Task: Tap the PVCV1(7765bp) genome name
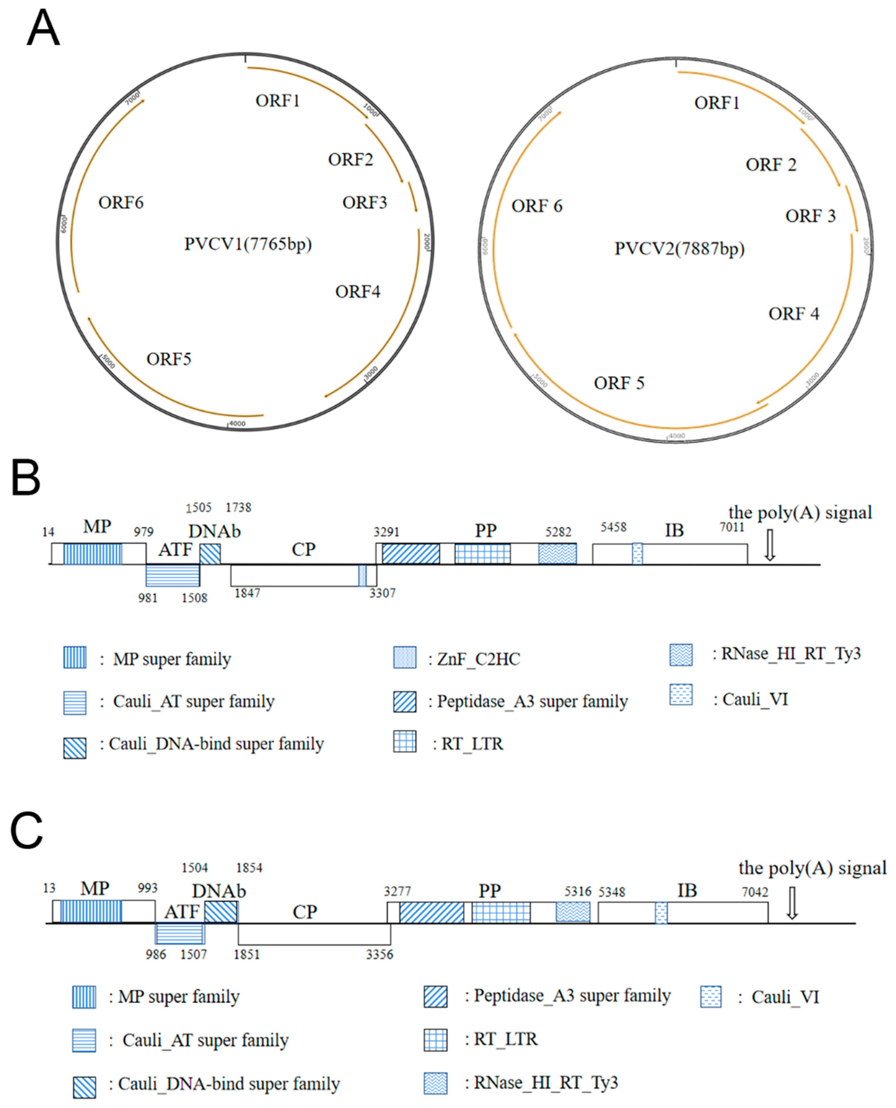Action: point(248,244)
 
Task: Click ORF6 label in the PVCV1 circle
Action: point(121,202)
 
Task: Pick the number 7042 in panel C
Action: point(755,892)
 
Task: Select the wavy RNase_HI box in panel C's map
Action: point(573,912)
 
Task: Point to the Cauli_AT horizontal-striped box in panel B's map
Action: point(173,576)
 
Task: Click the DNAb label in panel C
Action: point(219,891)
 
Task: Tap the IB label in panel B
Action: point(674,530)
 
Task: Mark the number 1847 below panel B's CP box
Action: point(247,593)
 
